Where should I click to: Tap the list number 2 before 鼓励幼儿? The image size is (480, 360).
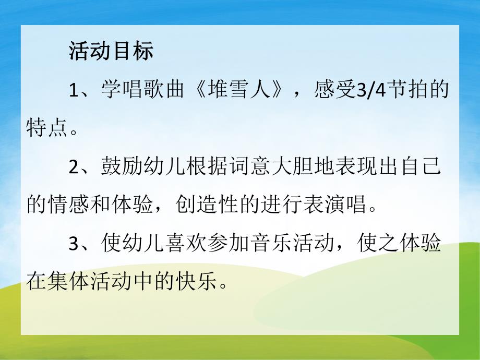click(74, 167)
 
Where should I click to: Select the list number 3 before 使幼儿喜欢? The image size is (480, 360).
click(74, 243)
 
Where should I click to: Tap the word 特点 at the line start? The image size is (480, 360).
click(47, 128)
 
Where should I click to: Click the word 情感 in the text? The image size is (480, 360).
click(68, 205)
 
